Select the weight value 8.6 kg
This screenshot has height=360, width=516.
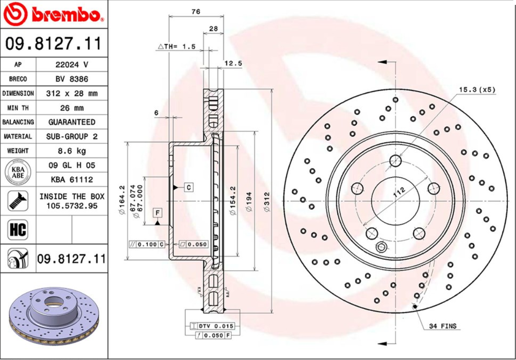tap(72, 151)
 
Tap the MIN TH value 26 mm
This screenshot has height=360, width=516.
tap(72, 108)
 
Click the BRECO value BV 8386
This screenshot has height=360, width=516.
tap(72, 79)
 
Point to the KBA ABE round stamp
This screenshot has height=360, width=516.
tap(17, 172)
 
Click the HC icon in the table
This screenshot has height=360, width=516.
tap(18, 230)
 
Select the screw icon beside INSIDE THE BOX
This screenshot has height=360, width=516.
tap(18, 201)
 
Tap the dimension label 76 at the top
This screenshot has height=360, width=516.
tap(196, 12)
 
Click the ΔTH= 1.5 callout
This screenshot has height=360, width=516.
tap(177, 46)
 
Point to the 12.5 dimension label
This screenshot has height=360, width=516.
tap(233, 63)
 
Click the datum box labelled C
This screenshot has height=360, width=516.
tap(189, 187)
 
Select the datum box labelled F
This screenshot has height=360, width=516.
tap(158, 213)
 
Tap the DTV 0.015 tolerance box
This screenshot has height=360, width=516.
tap(212, 326)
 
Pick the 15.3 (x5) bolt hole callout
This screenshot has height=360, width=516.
tap(477, 90)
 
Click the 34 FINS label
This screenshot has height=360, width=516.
tap(442, 326)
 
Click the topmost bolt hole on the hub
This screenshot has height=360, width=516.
tap(395, 160)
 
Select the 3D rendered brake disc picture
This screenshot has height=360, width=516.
tap(53, 317)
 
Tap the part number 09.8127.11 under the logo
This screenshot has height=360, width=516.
tap(53, 44)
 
